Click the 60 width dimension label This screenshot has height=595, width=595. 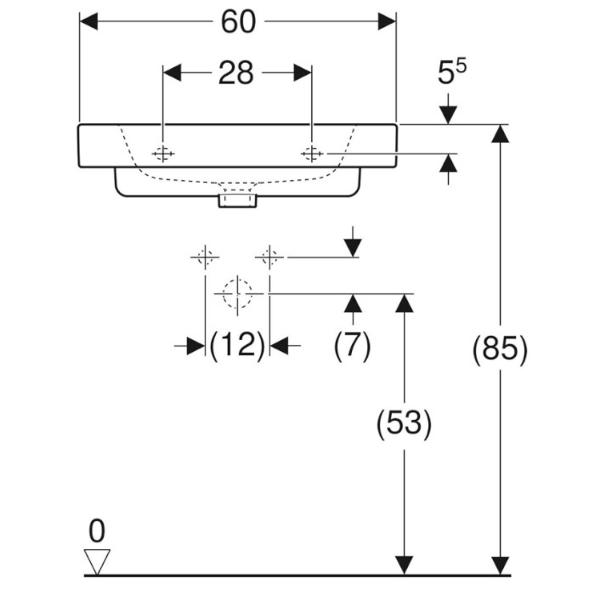coord(238,21)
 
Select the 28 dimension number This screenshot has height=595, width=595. coord(235,73)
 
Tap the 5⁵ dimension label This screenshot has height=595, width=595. coord(451,71)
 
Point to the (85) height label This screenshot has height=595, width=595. coord(500,349)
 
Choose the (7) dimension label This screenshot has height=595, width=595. coord(352,344)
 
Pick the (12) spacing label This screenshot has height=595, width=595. coord(237,344)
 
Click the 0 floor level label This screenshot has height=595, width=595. coord(97,531)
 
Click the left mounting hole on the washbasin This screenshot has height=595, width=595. coord(163,154)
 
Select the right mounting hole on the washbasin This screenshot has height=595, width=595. coord(312,154)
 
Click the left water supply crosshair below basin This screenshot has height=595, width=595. coord(205,258)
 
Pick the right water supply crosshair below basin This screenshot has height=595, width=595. coord(269,258)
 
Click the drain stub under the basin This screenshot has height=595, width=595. coord(237,201)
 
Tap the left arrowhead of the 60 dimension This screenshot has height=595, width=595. coord(88,21)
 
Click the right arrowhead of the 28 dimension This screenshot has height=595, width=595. coord(303,73)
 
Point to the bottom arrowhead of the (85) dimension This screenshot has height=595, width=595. coord(500,566)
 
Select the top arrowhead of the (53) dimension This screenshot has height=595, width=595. coord(404,303)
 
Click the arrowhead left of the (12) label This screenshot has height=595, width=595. coord(195,346)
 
